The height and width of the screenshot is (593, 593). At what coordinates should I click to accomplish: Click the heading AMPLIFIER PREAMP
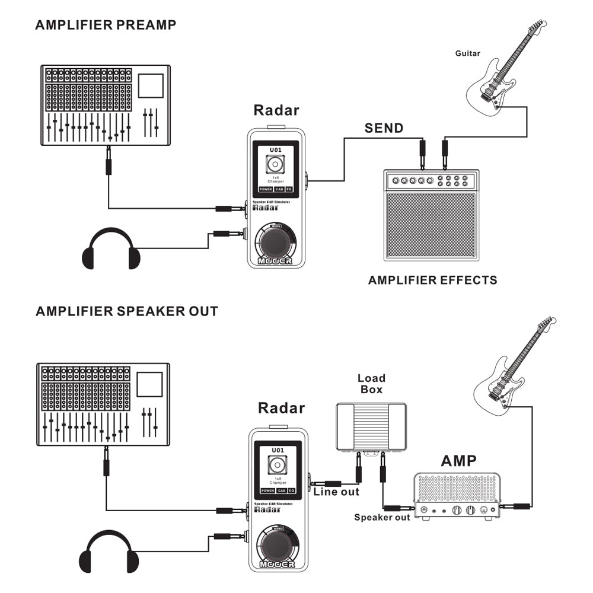pyautogui.click(x=106, y=25)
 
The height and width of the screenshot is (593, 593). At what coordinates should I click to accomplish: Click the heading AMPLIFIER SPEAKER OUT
pyautogui.click(x=127, y=311)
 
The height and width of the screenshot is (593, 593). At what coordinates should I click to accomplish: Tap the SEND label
pyautogui.click(x=384, y=128)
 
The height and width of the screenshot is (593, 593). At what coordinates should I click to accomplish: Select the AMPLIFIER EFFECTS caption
pyautogui.click(x=433, y=280)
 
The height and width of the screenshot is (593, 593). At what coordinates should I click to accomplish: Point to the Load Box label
pyautogui.click(x=371, y=384)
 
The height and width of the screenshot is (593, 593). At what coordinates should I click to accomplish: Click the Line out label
pyautogui.click(x=336, y=492)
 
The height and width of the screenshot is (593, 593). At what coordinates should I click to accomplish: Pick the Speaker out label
pyautogui.click(x=382, y=518)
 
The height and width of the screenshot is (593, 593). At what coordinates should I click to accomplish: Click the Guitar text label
pyautogui.click(x=468, y=53)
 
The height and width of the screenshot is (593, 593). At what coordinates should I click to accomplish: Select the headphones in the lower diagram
pyautogui.click(x=109, y=552)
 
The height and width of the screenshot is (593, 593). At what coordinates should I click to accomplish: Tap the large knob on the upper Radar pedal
pyautogui.click(x=276, y=243)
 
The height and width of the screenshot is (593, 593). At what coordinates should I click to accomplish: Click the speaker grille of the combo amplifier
pyautogui.click(x=431, y=225)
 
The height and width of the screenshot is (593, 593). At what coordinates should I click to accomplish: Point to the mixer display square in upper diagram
pyautogui.click(x=151, y=85)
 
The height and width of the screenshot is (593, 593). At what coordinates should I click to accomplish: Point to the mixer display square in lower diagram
pyautogui.click(x=149, y=384)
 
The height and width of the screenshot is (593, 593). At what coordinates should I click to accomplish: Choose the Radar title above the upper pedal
pyautogui.click(x=276, y=110)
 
